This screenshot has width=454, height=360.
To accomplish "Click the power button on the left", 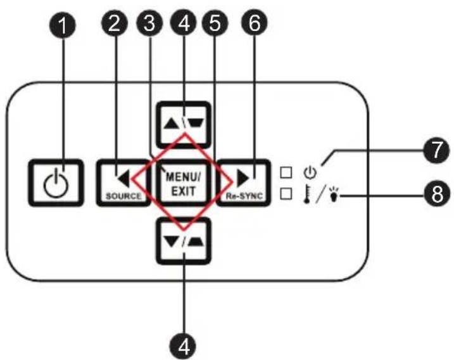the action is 56,183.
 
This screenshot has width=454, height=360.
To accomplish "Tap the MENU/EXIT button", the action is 183,183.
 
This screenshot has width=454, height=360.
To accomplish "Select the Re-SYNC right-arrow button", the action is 244,183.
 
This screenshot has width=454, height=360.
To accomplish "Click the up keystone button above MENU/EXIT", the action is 183,125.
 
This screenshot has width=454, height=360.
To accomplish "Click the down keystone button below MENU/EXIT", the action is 183,241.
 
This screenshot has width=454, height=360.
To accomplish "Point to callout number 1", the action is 63,25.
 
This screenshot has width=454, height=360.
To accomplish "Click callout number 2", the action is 115,23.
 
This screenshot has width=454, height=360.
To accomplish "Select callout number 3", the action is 149,23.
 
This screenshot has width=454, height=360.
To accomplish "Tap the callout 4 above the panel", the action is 184,23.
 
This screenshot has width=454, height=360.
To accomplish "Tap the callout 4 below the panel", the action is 183,346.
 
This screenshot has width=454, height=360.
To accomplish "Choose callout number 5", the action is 215,23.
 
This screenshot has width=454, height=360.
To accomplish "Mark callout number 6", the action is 255,23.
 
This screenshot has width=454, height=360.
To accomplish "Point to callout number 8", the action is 437,193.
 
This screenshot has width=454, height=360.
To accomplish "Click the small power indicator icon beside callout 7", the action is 310,173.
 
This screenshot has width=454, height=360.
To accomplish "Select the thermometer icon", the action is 306,194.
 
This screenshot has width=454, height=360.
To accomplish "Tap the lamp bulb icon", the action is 334,194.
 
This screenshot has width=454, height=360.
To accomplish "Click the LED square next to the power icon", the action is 286,172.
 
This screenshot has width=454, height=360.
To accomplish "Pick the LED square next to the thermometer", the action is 286,193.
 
